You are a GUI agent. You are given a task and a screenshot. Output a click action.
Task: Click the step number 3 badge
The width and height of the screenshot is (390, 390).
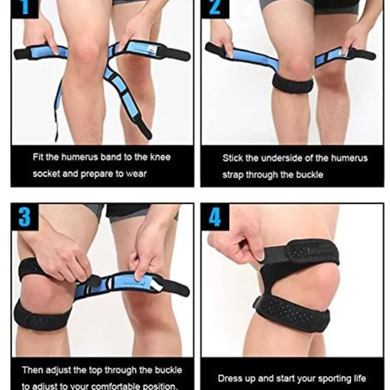click(x=25, y=217)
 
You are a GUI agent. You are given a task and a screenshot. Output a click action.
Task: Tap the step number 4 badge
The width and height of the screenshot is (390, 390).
click(x=215, y=217)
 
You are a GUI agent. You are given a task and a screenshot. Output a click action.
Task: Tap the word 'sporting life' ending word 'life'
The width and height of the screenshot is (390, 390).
click(x=360, y=378)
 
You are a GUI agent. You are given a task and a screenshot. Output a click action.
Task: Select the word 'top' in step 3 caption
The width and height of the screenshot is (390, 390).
click(x=96, y=371)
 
